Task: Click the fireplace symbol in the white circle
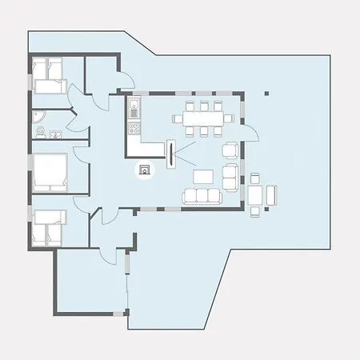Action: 145,170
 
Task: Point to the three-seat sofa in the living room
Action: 202,195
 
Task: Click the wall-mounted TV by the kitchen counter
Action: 170,154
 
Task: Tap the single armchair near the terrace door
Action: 230,150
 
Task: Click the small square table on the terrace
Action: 256,194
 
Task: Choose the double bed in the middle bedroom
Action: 50,173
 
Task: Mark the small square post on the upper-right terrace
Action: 266,94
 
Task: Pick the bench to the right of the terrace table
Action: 271,194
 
